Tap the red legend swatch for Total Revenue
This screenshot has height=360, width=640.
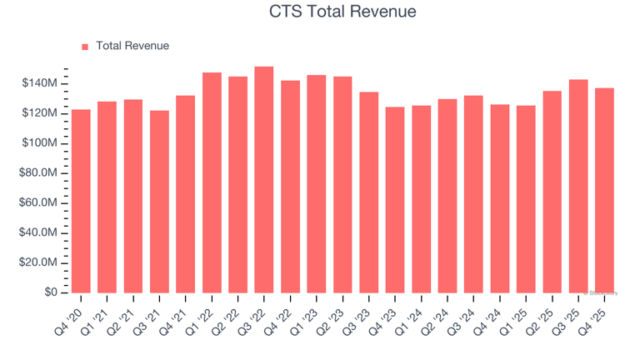point(85,47)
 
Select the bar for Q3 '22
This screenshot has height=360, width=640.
point(264,179)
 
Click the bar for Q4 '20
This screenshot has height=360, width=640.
point(81,201)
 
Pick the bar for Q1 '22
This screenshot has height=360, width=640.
point(212,182)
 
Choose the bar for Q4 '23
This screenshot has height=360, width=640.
point(395,199)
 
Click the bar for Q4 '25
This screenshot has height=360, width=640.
point(604,190)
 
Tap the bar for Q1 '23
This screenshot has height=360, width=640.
point(317,183)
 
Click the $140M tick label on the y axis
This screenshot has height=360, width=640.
point(40,84)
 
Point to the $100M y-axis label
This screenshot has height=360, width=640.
point(40,143)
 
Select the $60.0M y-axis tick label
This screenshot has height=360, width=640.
point(37,203)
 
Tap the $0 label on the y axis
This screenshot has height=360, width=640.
point(52,292)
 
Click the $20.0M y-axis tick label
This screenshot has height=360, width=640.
point(37,262)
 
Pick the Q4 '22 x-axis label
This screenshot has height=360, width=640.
point(281,317)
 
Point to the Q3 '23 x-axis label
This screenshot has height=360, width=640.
point(359,317)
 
